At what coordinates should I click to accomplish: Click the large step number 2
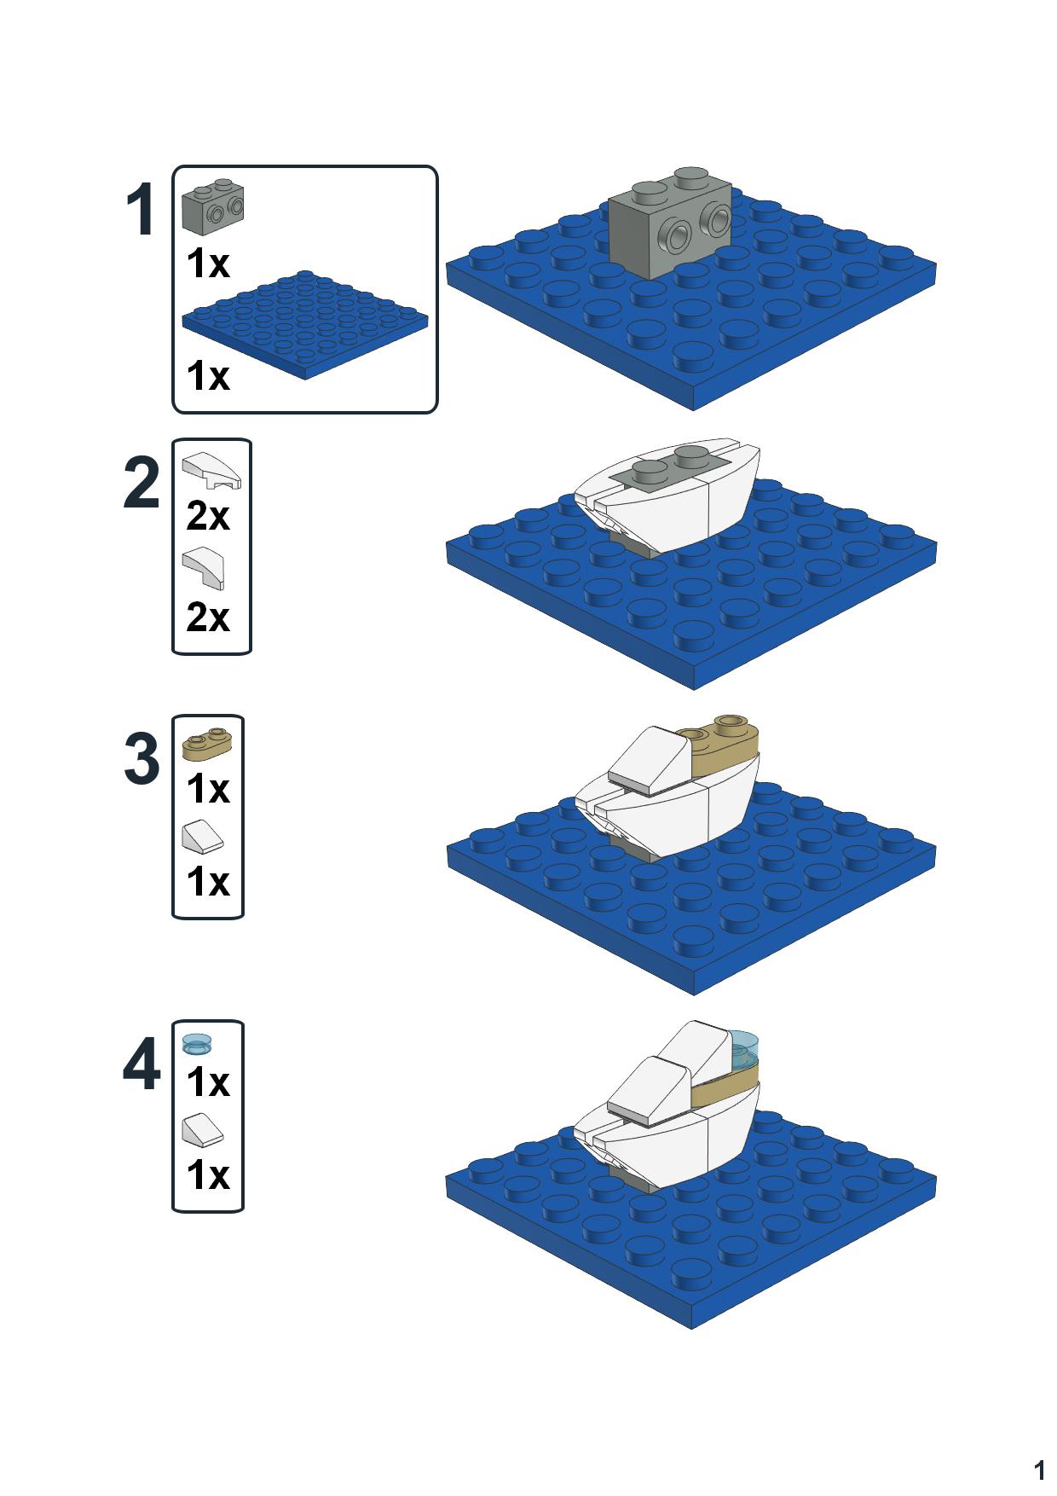tap(142, 484)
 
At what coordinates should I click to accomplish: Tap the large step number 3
tap(142, 759)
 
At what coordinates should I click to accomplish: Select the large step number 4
tap(142, 1065)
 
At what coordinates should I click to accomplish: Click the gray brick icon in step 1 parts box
tap(212, 206)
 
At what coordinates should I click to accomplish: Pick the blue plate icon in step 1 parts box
tap(304, 324)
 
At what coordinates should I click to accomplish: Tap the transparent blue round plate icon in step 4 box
tap(197, 1044)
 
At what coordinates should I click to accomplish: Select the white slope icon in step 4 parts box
tap(203, 1131)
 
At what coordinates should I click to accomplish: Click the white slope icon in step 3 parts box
tap(203, 837)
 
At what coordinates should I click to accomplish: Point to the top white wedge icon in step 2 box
tap(211, 470)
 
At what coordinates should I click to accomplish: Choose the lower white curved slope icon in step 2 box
tap(205, 568)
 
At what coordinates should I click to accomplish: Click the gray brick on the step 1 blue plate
tap(670, 225)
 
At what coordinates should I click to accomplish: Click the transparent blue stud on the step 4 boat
tap(744, 1049)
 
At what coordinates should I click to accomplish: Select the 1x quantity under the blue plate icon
tap(208, 375)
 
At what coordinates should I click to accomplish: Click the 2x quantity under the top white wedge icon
tap(208, 516)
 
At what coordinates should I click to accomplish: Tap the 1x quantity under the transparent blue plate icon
tap(208, 1082)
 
